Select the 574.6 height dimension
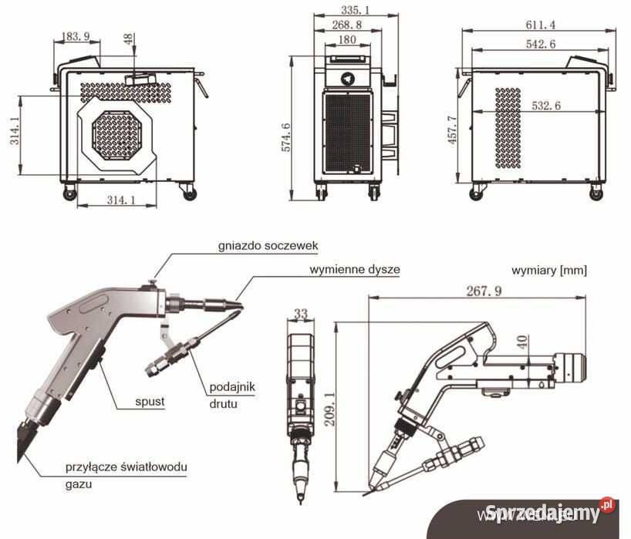pos(286,126)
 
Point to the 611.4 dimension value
pos(540,24)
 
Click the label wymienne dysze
pos(354,270)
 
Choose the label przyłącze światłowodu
pos(126,467)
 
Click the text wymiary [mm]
pos(548,270)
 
